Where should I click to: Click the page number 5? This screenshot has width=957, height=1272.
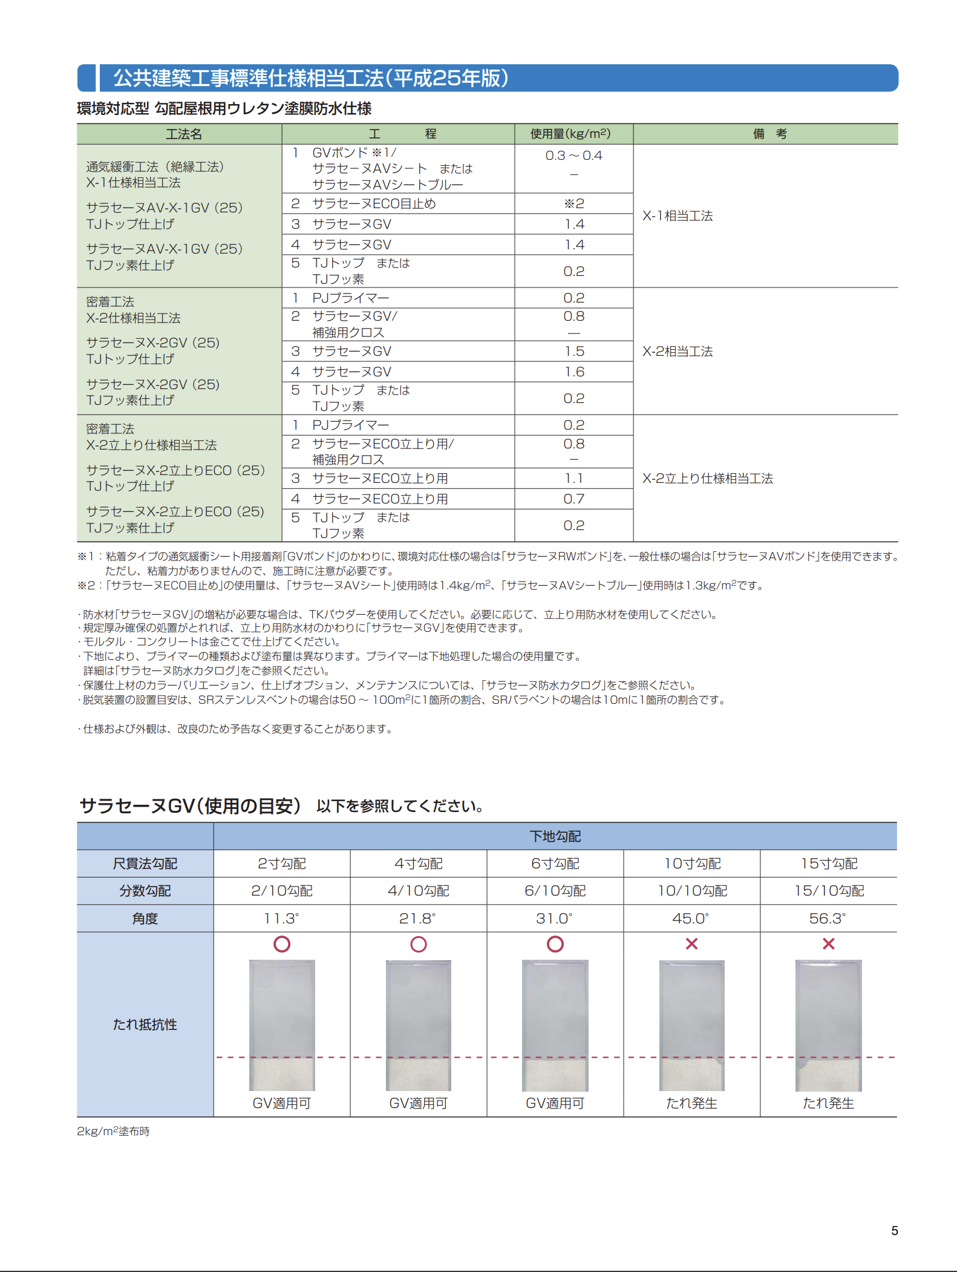(894, 1230)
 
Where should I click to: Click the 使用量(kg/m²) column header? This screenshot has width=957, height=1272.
(570, 134)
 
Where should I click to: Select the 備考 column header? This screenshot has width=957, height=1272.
(769, 134)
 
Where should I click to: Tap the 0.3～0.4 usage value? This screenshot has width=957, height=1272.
(573, 156)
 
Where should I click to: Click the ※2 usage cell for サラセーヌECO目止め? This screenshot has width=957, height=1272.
(573, 204)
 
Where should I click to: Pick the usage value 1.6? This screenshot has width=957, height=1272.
(574, 372)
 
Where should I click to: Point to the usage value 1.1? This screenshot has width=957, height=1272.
(574, 478)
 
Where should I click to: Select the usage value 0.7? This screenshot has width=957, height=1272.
(574, 499)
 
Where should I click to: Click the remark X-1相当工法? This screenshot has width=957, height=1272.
(678, 216)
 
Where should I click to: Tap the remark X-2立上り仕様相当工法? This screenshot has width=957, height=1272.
(707, 478)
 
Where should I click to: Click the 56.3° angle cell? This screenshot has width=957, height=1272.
(828, 918)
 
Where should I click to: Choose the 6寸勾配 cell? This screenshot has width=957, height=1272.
(555, 864)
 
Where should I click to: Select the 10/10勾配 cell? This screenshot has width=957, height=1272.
(692, 891)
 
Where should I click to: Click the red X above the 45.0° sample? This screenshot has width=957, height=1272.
(691, 944)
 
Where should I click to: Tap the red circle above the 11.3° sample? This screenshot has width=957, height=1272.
(282, 944)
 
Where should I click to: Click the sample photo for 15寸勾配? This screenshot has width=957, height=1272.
(828, 1025)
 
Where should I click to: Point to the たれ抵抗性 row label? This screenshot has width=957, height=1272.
(145, 1024)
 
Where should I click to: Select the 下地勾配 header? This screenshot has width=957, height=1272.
(555, 836)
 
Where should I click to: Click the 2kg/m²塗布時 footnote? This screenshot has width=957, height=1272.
(113, 1131)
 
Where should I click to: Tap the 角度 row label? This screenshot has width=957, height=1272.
(145, 919)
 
